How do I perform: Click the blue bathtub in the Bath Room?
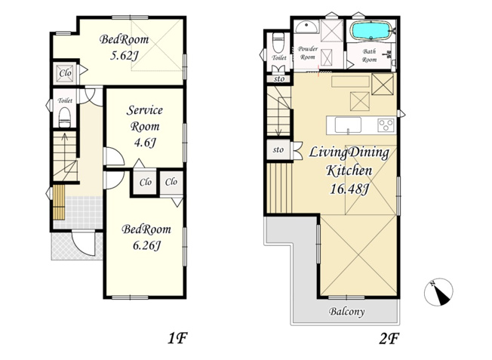(370, 30)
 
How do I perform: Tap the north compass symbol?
(438, 292)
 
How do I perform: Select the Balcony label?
(346, 312)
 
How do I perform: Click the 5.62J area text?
(124, 56)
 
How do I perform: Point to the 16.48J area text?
(349, 189)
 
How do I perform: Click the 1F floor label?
(177, 338)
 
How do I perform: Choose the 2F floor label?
(389, 338)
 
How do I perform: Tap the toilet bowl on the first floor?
(65, 118)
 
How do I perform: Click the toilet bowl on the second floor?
(278, 43)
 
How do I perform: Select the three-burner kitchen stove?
(386, 125)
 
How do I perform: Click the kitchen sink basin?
(348, 125)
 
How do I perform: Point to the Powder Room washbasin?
(306, 27)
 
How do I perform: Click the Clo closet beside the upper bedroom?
(65, 73)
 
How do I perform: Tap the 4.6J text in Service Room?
(145, 143)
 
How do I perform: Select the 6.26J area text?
(146, 245)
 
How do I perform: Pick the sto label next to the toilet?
(279, 78)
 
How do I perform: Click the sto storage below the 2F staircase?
(278, 149)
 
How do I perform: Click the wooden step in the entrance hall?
(59, 202)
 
